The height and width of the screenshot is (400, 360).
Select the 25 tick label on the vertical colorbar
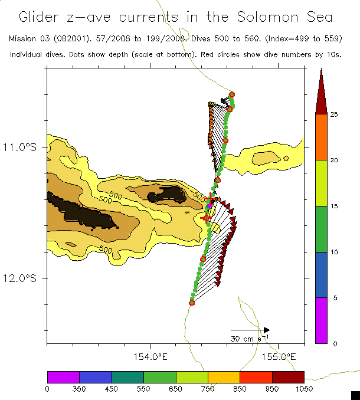coord(333,114)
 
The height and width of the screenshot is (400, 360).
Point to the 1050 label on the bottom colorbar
coord(304,388)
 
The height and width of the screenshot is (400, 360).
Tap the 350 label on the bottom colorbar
coord(79,388)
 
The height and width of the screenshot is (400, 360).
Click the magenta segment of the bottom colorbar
coord(63,377)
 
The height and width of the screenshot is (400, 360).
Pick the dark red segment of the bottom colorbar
coord(288,377)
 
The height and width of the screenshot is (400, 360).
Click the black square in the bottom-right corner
coord(355,395)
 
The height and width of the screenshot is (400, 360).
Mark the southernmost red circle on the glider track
coord(192,303)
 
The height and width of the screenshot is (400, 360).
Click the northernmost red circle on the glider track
coord(232,94)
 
